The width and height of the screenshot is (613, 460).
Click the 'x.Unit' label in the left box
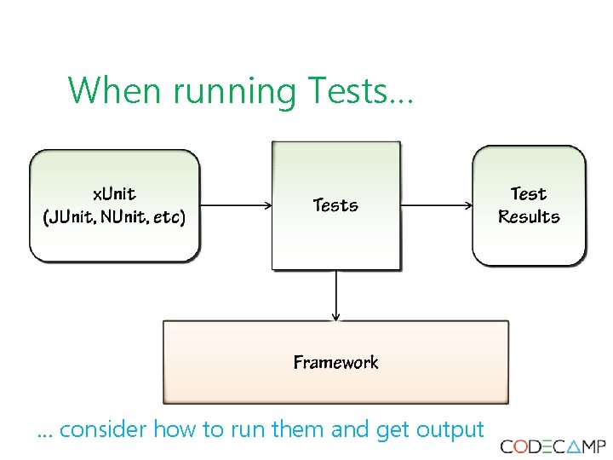[x=114, y=194]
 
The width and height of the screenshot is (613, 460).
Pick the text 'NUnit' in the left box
[x=123, y=216]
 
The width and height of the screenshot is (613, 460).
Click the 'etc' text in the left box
[x=168, y=216]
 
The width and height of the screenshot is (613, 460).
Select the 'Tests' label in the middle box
[x=335, y=205]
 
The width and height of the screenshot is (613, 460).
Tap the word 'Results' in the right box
[x=529, y=217]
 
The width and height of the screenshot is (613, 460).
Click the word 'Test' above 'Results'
[x=529, y=194]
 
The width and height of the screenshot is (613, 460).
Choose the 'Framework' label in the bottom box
[x=335, y=363]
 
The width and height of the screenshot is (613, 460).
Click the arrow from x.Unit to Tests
[x=236, y=205]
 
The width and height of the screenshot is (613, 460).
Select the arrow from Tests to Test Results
[x=436, y=205]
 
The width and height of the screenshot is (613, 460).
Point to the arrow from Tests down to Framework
[x=336, y=295]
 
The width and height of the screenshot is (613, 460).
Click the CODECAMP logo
[x=553, y=446]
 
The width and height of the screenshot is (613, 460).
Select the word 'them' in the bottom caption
[x=298, y=429]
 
